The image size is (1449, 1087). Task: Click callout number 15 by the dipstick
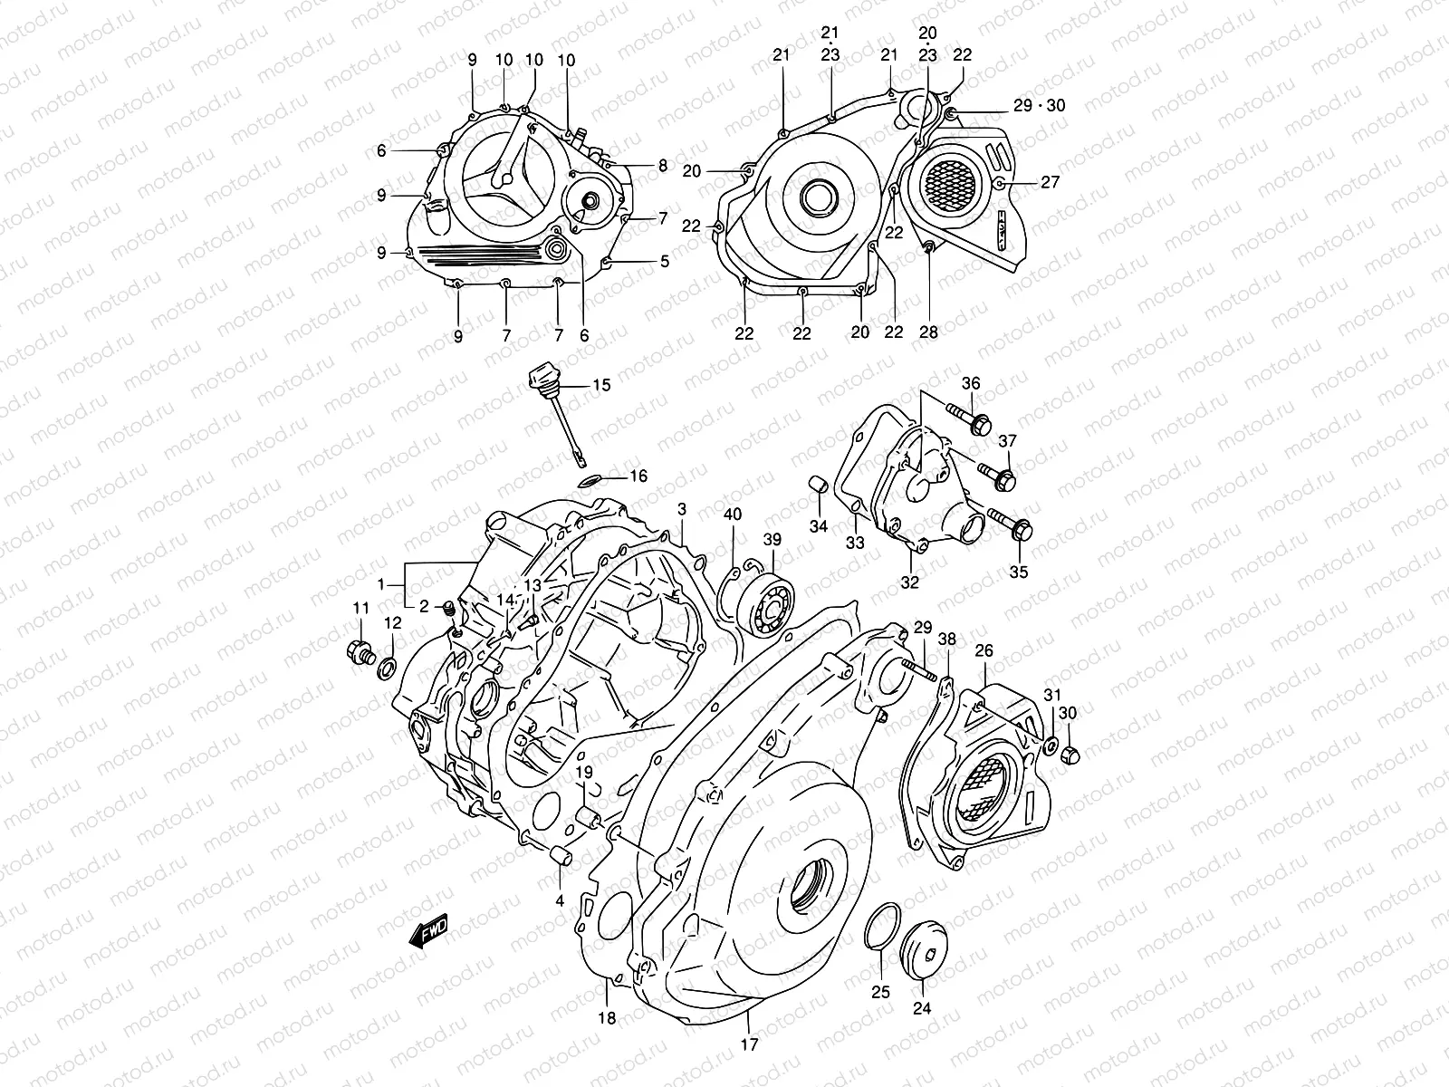(x=601, y=385)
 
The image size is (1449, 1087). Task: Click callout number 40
(x=733, y=515)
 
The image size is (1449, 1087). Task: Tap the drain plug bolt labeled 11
(x=360, y=650)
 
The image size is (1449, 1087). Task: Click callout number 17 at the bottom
(x=751, y=1044)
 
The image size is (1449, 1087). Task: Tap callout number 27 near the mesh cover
(x=1050, y=182)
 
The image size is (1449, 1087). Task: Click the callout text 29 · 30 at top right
(x=1039, y=106)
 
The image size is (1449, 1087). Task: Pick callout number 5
(x=664, y=262)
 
